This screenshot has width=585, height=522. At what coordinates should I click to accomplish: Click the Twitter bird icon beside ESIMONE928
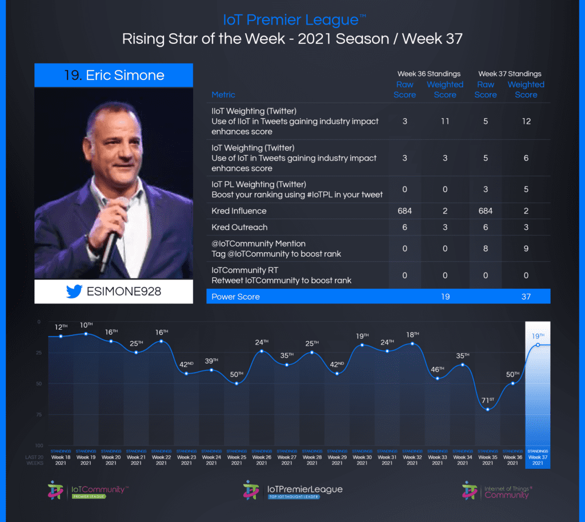(x=74, y=292)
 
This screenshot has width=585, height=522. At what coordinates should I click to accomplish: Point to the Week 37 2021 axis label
(x=538, y=460)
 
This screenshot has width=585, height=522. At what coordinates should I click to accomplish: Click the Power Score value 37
(x=526, y=297)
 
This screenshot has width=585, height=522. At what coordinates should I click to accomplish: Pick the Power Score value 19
(x=444, y=297)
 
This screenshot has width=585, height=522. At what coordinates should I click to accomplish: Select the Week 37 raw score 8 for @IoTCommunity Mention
(x=485, y=248)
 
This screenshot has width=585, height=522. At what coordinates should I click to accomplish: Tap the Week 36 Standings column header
(x=429, y=74)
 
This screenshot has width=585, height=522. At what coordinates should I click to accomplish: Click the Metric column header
(x=223, y=95)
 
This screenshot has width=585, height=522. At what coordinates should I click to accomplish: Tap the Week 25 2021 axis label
(x=237, y=460)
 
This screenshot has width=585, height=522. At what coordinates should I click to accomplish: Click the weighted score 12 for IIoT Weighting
(x=526, y=122)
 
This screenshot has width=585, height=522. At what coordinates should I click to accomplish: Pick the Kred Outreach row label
(x=239, y=227)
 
